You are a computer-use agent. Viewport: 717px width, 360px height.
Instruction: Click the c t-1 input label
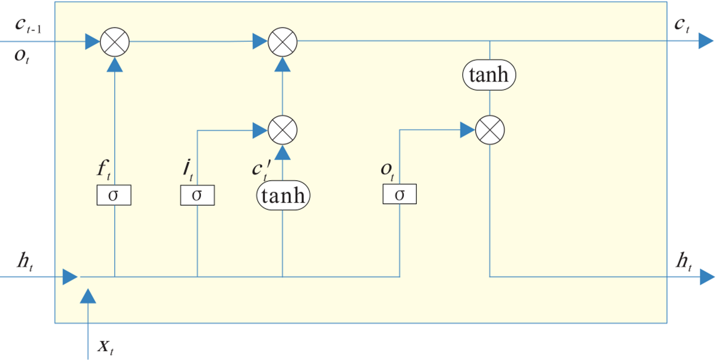pos(28,25)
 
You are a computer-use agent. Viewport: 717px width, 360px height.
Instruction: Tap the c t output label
pos(682,25)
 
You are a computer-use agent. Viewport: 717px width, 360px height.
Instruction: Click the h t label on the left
pos(25,261)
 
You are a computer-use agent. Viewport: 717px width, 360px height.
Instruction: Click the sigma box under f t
pos(114,195)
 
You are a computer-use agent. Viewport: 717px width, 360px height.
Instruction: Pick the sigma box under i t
pos(197,195)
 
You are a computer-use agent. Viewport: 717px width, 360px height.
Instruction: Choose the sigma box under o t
pos(399,194)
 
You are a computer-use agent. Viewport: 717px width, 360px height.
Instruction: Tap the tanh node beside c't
pos(283,195)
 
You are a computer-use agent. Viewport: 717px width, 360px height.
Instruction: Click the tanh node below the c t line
pos(489,75)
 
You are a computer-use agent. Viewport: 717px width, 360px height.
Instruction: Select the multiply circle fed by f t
pos(115,42)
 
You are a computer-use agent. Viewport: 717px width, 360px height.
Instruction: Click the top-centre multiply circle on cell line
pos(282,42)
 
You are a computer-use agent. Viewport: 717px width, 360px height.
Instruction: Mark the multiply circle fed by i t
pos(282,130)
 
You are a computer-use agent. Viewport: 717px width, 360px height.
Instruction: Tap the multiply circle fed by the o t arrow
pos(490,130)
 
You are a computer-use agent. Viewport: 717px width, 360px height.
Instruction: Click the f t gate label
pos(104,169)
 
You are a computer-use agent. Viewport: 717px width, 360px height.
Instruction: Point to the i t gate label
pos(188,169)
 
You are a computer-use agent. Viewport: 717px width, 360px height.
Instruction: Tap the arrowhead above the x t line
pos(88,296)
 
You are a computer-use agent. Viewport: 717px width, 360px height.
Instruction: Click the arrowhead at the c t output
pos(706,41)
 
